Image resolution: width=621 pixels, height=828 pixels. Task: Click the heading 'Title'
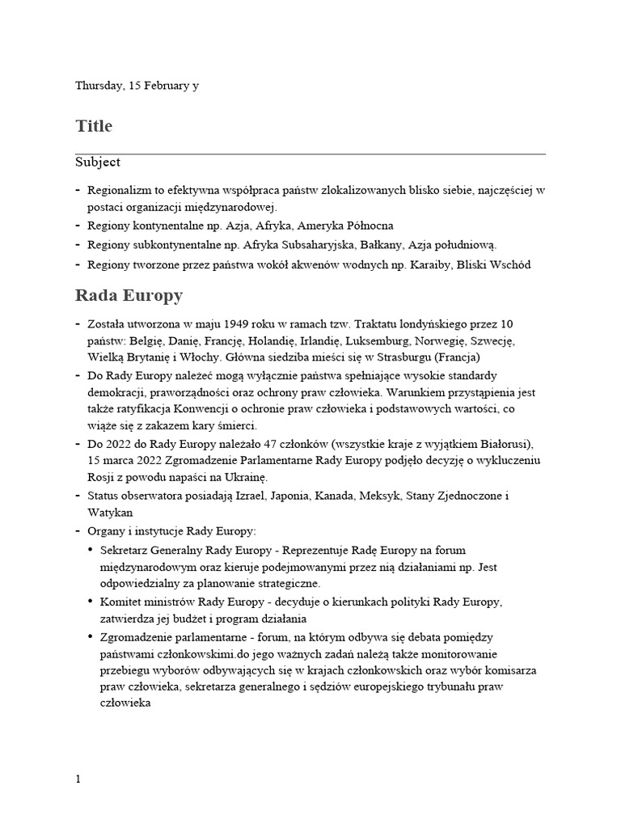94,127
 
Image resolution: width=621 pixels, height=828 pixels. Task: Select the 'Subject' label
98,163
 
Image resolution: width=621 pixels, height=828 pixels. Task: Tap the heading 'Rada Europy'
129,295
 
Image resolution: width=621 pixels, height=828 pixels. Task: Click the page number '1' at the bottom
78,779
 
